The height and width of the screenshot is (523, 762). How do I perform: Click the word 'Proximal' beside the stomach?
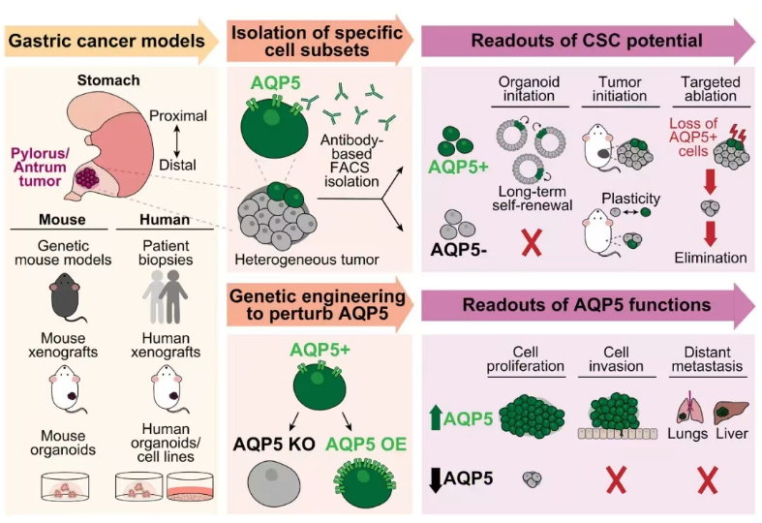click(x=178, y=116)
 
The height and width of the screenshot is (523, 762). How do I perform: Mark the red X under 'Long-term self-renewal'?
click(x=530, y=240)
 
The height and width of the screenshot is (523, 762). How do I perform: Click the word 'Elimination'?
click(x=710, y=258)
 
